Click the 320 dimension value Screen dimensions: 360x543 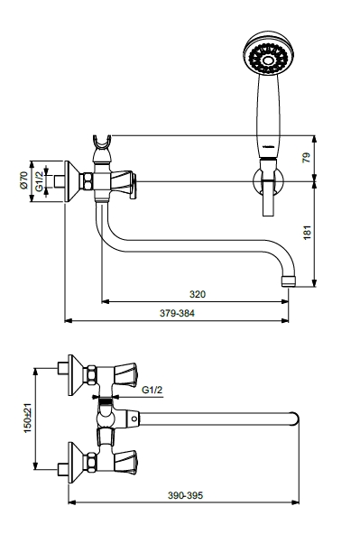(x=198, y=294)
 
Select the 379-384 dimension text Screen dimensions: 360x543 (x=177, y=313)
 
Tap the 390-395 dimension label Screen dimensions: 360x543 (x=185, y=495)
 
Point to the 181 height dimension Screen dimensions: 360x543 (x=308, y=233)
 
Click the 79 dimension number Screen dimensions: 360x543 (x=307, y=158)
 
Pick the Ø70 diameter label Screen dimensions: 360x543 (x=23, y=180)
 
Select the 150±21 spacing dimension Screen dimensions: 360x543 (x=27, y=418)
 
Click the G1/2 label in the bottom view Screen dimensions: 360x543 (x=152, y=390)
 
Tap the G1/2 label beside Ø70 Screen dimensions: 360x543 (x=39, y=180)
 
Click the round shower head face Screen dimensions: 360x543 (x=268, y=53)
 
